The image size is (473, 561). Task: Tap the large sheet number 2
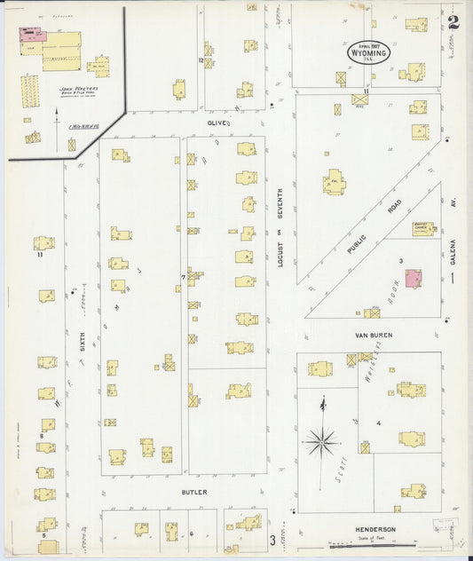(x=453, y=22)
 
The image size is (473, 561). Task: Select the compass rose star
(x=321, y=439)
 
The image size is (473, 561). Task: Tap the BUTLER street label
(x=194, y=493)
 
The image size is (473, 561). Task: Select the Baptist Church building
(x=423, y=228)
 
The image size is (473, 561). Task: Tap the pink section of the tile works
(x=34, y=35)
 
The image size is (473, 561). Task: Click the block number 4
(x=378, y=423)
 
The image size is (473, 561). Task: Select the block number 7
(x=183, y=278)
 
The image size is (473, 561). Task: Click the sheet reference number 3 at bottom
(x=272, y=539)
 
